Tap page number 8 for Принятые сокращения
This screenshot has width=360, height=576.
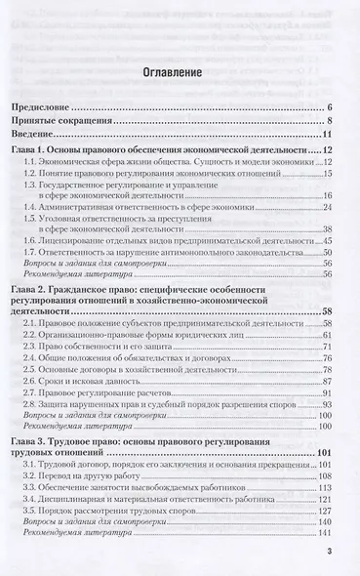(x=332, y=120)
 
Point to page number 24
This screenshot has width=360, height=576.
(x=329, y=208)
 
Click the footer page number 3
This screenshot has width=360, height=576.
(x=330, y=553)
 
